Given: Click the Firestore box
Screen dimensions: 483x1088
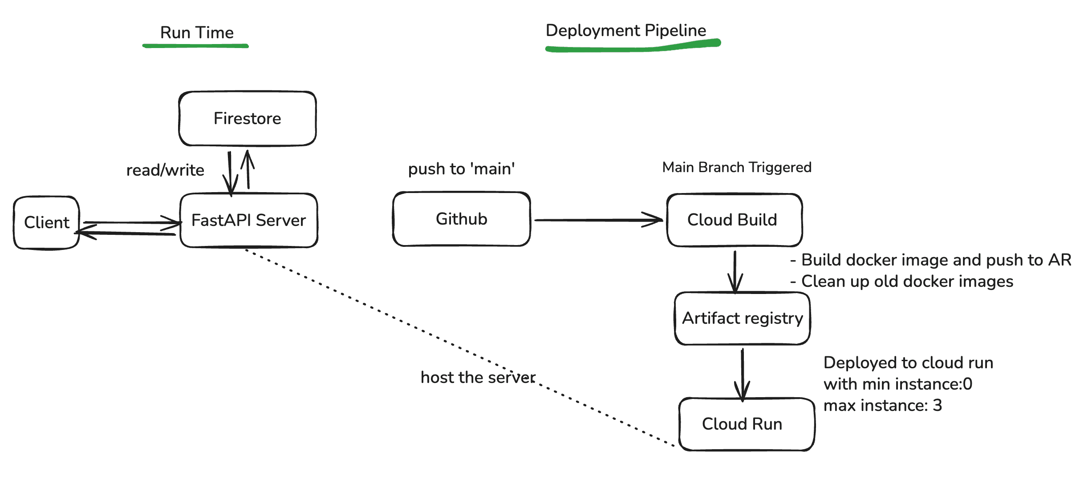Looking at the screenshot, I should click(x=248, y=119).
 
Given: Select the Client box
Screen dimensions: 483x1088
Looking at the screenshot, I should click(x=46, y=222).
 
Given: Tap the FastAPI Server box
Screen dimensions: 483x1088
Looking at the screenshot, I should click(x=248, y=220).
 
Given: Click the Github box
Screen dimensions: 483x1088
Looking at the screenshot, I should click(x=461, y=219).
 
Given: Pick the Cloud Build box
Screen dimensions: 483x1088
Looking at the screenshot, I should click(x=734, y=220).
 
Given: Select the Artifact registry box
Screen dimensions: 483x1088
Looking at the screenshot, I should click(x=742, y=318).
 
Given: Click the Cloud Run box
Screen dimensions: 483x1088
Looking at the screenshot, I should click(x=746, y=424).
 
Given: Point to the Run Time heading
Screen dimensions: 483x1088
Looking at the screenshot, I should click(x=197, y=32).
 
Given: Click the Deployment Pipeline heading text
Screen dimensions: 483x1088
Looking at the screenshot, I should click(x=625, y=30).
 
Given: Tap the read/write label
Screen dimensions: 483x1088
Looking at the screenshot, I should click(x=165, y=170).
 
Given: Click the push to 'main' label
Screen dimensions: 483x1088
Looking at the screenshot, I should click(x=461, y=169).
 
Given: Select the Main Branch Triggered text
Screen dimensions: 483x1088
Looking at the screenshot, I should click(x=736, y=167).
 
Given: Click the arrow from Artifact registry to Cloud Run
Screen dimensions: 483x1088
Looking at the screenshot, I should click(x=743, y=374).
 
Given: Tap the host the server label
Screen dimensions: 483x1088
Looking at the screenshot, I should click(x=477, y=378).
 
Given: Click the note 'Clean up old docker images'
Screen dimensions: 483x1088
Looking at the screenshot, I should click(x=906, y=282).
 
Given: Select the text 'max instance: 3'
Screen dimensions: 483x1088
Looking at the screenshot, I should click(x=882, y=405).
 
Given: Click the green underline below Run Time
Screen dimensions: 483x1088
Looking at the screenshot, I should click(x=195, y=46).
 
